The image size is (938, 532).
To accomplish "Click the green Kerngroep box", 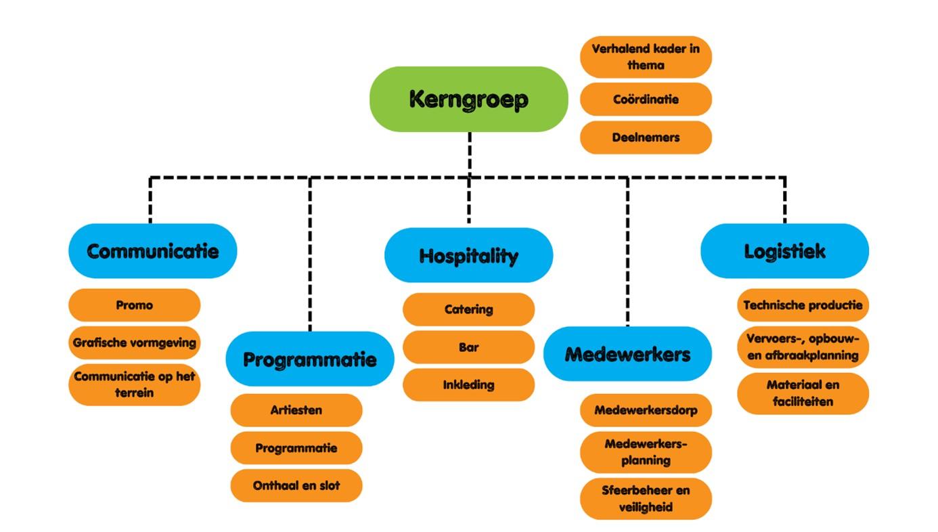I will tap(468, 99).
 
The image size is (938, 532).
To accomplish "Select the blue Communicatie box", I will tap(152, 251).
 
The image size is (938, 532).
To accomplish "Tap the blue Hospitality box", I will tap(468, 255).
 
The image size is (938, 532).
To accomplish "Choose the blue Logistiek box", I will tap(784, 251).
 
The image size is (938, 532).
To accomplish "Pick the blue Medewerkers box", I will tap(627, 354).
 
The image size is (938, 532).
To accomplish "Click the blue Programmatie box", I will tap(310, 359).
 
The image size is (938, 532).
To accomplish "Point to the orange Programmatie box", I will tap(296, 448).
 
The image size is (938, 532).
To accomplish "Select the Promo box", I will tap(135, 305).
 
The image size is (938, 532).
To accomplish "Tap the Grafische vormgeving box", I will tap(135, 342).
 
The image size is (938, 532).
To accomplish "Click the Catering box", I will tap(468, 309).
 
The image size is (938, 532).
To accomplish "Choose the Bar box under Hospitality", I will tap(468, 347).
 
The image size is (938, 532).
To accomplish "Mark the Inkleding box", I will tap(468, 385).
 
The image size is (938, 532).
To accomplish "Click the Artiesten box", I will tap(296, 410).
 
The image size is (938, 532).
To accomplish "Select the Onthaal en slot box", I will tap(296, 486).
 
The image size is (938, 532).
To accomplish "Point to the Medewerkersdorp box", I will tap(646, 410).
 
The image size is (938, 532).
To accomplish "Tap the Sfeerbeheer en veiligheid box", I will tap(646, 498).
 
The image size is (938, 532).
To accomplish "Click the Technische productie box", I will tap(803, 305).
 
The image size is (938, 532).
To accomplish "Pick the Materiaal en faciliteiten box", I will tap(803, 393).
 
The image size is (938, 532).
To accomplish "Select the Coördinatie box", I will tap(646, 99).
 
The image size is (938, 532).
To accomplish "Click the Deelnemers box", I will tap(646, 137).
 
